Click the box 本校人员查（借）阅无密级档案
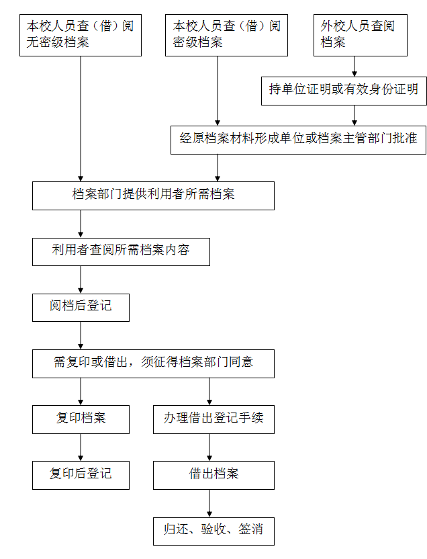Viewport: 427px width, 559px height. click(x=81, y=36)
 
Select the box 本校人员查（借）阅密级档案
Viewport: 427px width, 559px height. click(x=226, y=36)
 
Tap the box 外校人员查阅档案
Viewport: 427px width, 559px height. click(x=361, y=36)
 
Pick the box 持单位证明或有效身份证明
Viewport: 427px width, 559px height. click(x=344, y=91)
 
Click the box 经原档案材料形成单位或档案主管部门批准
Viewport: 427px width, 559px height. click(x=299, y=140)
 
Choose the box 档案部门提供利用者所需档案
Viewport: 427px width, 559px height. click(x=154, y=196)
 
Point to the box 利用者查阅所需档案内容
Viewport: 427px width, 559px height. click(x=121, y=252)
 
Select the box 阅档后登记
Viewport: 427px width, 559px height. click(x=81, y=308)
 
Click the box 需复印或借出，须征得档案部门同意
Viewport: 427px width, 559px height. click(x=154, y=363)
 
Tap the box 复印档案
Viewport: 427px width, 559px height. click(x=81, y=420)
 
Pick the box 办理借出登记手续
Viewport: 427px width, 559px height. click(x=213, y=420)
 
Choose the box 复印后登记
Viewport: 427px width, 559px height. click(x=81, y=475)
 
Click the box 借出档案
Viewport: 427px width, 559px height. click(x=213, y=475)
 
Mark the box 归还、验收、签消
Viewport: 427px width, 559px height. click(x=213, y=531)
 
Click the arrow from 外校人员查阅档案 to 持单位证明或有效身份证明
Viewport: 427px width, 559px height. click(x=354, y=67)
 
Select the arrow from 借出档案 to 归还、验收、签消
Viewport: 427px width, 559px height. click(x=209, y=503)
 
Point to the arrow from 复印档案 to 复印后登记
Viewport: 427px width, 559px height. click(x=81, y=447)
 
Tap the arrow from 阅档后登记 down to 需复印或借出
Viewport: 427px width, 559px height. click(x=81, y=335)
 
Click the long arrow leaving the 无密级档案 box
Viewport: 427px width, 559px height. click(x=81, y=119)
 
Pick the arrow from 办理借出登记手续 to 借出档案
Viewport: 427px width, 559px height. click(x=209, y=447)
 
